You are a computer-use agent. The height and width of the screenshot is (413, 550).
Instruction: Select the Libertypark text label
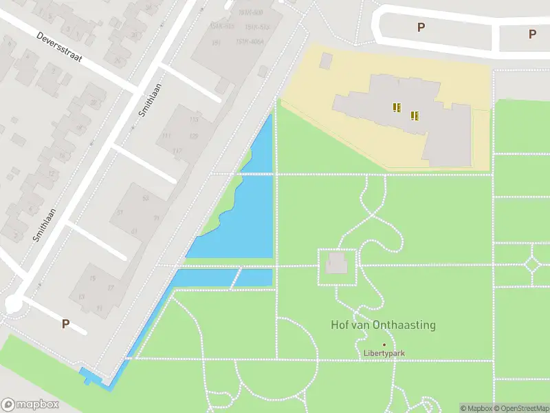coord(384,354)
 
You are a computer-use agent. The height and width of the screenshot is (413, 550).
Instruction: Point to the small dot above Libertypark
coord(384,345)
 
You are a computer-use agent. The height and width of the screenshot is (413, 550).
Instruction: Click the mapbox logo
coord(29,405)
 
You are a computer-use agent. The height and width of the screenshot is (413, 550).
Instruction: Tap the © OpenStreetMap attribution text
coord(520,408)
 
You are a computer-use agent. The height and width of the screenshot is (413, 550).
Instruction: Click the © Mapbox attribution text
coord(476,408)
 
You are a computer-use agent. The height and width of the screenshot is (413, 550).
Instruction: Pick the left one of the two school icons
coord(397,107)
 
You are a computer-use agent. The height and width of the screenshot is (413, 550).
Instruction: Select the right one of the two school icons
coord(415,116)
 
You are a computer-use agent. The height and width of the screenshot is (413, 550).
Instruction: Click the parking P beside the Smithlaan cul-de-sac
coord(66,324)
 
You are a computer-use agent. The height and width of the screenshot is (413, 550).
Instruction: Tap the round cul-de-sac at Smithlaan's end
coord(13,303)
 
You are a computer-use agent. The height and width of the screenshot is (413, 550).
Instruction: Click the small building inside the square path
coord(336,263)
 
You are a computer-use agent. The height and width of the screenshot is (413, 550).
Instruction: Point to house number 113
coord(194,120)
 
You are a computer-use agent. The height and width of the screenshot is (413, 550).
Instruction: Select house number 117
coord(177,151)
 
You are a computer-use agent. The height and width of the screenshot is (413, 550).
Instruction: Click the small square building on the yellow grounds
coord(325,61)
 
